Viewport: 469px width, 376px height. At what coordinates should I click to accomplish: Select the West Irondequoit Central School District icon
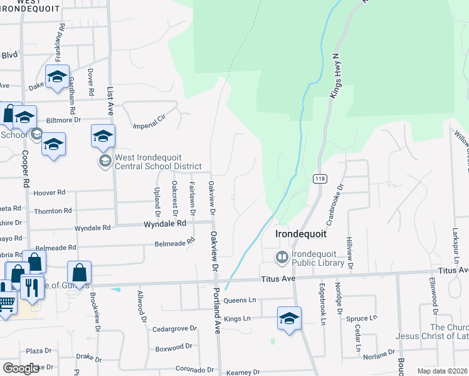pos(104,162)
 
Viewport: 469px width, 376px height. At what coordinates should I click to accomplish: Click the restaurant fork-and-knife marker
pos(31,288)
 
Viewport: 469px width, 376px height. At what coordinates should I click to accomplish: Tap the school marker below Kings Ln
pos(289,319)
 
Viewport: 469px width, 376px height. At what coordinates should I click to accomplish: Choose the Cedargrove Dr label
pos(171,328)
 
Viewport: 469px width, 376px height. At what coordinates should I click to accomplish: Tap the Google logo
pos(21,368)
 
